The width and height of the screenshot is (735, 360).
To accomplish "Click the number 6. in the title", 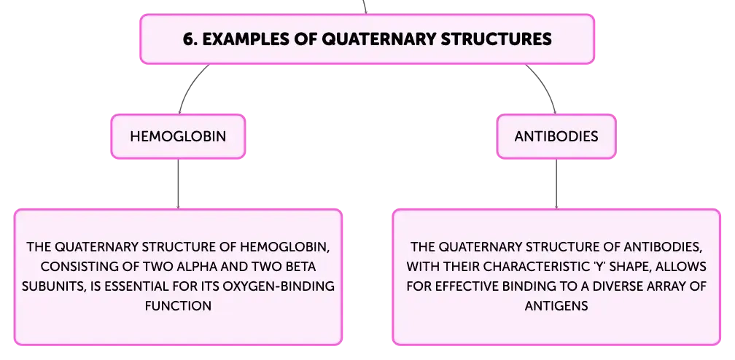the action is coord(190,39).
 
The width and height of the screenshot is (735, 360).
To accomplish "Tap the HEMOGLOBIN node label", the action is coord(178,136).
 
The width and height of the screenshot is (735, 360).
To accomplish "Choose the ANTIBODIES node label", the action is coord(556,136).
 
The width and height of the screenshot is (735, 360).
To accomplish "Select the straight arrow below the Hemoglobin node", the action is coord(178,184).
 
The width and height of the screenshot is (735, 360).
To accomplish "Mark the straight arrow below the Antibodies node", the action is coord(556,184).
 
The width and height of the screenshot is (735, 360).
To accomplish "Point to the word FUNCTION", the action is coord(178,306).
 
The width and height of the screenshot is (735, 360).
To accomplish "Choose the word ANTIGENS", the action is coord(556,306).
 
